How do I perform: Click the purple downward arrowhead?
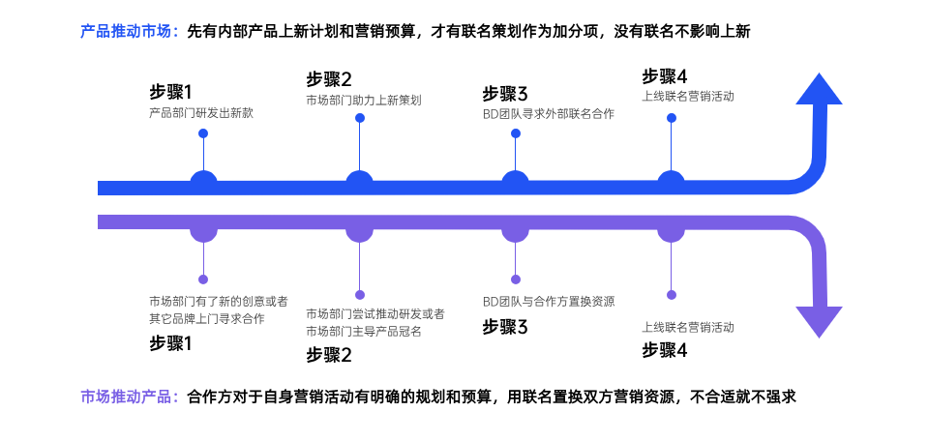819,321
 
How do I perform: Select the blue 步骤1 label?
170,92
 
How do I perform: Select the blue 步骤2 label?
328,79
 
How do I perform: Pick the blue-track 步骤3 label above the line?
505,94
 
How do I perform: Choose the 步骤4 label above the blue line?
664,76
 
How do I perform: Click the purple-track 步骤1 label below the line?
170,342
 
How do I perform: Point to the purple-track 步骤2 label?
328,354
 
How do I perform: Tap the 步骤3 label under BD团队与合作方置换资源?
505,327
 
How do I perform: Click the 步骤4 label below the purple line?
664,350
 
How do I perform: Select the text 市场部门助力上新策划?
363,100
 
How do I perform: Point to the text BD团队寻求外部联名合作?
548,113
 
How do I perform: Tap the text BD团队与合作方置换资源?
548,301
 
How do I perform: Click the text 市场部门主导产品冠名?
363,331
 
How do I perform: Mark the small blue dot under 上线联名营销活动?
671,118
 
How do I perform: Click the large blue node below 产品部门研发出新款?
203,182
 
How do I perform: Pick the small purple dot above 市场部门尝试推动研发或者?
360,294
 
